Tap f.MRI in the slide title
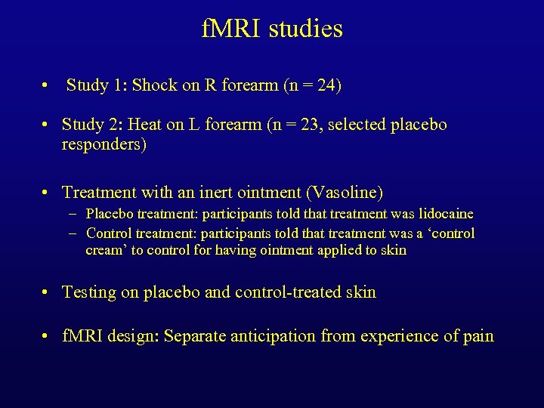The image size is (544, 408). pos(228,29)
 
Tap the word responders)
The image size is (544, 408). pos(104,144)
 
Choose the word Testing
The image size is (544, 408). pos(89,292)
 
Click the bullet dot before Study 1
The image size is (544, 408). pos(48,86)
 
